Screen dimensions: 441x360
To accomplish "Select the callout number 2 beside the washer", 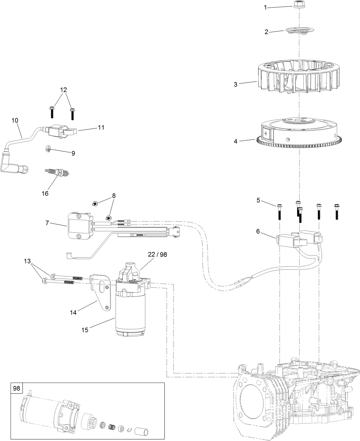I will [266, 32].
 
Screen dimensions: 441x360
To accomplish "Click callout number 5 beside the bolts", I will [258, 200].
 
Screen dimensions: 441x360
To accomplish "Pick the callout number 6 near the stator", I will [258, 231].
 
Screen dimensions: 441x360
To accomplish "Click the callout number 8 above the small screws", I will [114, 196].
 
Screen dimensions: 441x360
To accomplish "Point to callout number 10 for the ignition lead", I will [15, 120].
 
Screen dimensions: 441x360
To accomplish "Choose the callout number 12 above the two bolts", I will [64, 90].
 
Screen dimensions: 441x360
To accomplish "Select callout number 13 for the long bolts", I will [27, 261].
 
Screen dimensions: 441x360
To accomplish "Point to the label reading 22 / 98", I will [157, 254].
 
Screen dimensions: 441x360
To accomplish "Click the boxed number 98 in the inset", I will [17, 388].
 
